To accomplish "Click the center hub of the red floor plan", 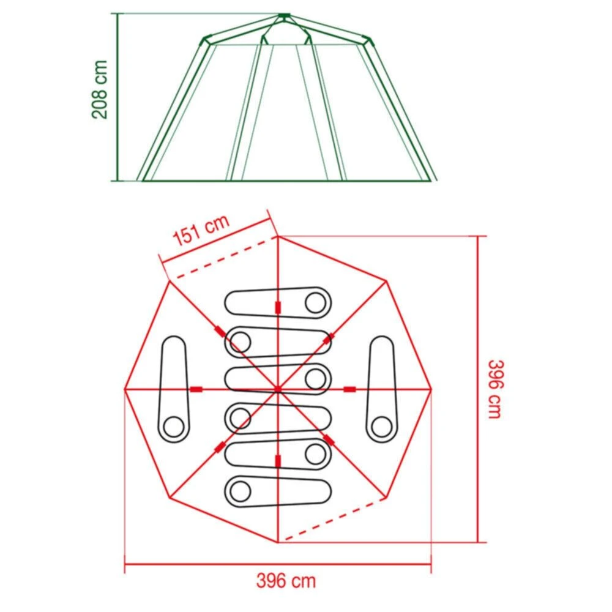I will [277, 389].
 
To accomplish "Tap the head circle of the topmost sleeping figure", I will [316, 302].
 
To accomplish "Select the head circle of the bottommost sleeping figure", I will [240, 490].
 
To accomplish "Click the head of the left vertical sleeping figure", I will [174, 426].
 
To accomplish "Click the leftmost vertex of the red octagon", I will [125, 389].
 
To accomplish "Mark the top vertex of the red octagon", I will [277, 236].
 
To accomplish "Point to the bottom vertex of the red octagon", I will [277, 542].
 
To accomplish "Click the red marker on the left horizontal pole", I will [196, 389].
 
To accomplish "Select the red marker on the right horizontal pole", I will [350, 389].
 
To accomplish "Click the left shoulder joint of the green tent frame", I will [204, 41].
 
